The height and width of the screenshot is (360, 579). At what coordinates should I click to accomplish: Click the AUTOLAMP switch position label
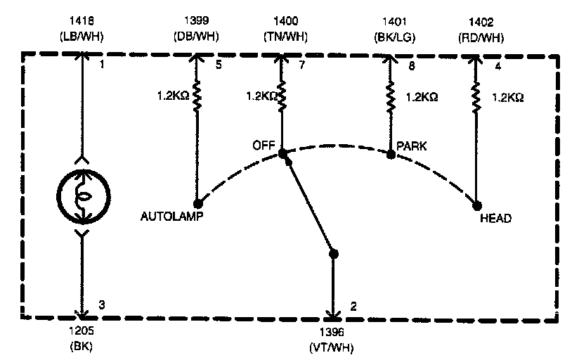[172, 217]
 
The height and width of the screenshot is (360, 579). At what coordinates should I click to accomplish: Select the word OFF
[263, 146]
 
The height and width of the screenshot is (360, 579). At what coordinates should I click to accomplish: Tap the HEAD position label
[495, 219]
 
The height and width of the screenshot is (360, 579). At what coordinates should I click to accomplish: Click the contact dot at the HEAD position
[477, 205]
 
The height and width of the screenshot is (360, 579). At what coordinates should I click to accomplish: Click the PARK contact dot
[391, 154]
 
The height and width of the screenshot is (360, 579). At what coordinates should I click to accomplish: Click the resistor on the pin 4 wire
[477, 97]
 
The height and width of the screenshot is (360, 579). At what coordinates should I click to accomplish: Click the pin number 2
[354, 307]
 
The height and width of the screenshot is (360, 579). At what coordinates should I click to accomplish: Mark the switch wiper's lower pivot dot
[333, 253]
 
